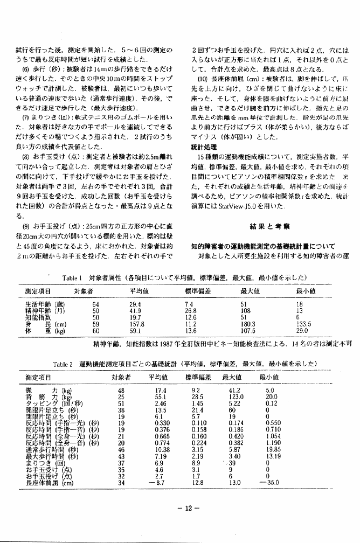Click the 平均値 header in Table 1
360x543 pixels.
(x=139, y=291)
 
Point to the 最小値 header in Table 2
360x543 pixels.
(x=269, y=378)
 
